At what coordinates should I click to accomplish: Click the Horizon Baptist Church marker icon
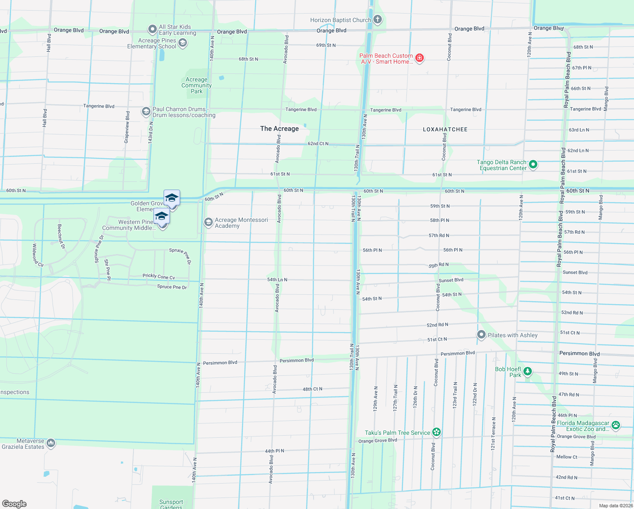coord(378,20)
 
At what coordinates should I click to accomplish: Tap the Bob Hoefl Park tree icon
coord(527,372)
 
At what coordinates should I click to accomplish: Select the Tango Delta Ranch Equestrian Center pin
coord(533,165)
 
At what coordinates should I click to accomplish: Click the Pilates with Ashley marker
coord(481,335)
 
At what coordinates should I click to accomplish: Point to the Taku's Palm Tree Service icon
coord(437,432)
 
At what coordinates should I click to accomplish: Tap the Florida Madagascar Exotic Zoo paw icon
coord(615,425)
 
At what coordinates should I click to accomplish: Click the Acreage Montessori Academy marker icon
coord(208,223)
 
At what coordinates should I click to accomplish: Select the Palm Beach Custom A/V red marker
coord(420,58)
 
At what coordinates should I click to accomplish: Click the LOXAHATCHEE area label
coord(445,129)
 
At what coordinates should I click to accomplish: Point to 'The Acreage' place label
coord(279,129)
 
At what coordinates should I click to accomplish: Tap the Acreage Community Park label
coord(196,85)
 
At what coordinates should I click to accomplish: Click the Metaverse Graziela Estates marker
coord(51,443)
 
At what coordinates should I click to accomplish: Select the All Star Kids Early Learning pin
coord(152,29)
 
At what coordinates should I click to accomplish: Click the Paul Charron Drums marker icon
coord(146,112)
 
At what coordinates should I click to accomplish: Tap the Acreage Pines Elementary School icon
coord(183,43)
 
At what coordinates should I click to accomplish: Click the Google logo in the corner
coord(14,503)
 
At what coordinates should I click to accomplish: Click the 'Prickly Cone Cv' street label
coord(158,276)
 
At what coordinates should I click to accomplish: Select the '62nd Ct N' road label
coord(318,144)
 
